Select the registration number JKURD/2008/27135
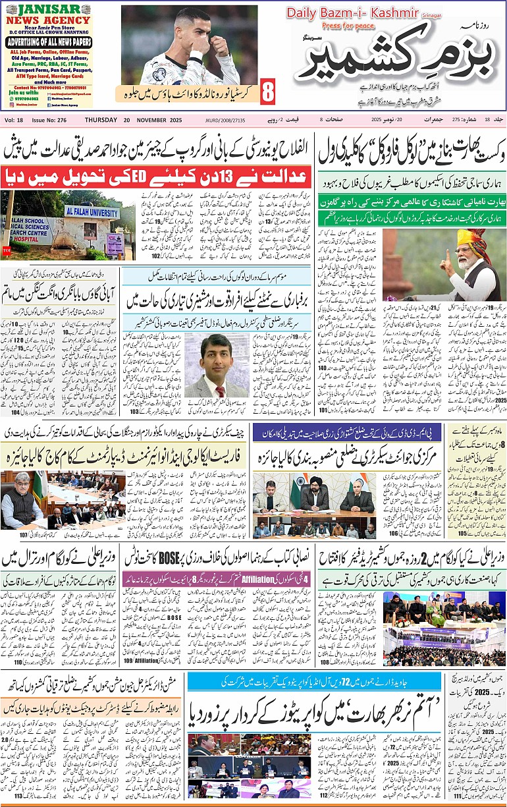(x=227, y=120)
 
